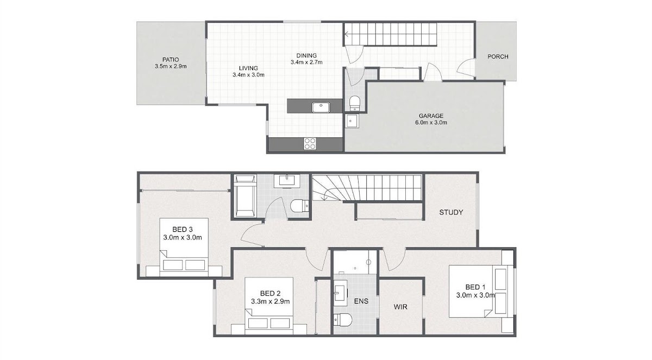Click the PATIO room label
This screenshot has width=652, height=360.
tap(171, 60)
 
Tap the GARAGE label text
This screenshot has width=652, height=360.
tap(431, 116)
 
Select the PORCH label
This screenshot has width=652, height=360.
tap(498, 56)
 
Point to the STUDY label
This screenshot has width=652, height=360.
tap(451, 212)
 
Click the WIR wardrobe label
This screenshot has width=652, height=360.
tap(400, 306)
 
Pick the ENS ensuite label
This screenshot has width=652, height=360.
tap(361, 301)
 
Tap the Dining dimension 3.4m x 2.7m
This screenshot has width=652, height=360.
tap(306, 62)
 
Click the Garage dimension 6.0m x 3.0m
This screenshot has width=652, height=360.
tap(431, 122)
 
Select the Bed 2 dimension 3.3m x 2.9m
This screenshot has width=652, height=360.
tap(271, 301)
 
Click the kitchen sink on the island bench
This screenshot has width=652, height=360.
tap(321, 107)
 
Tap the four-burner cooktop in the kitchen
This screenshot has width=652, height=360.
tap(310, 144)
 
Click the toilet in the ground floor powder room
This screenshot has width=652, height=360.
tap(354, 103)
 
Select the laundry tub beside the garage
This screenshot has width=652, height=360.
tap(353, 121)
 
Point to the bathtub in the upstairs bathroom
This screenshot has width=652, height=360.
tap(246, 195)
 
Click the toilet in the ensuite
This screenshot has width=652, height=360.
tap(343, 320)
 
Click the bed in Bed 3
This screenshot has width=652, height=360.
tap(184, 247)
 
